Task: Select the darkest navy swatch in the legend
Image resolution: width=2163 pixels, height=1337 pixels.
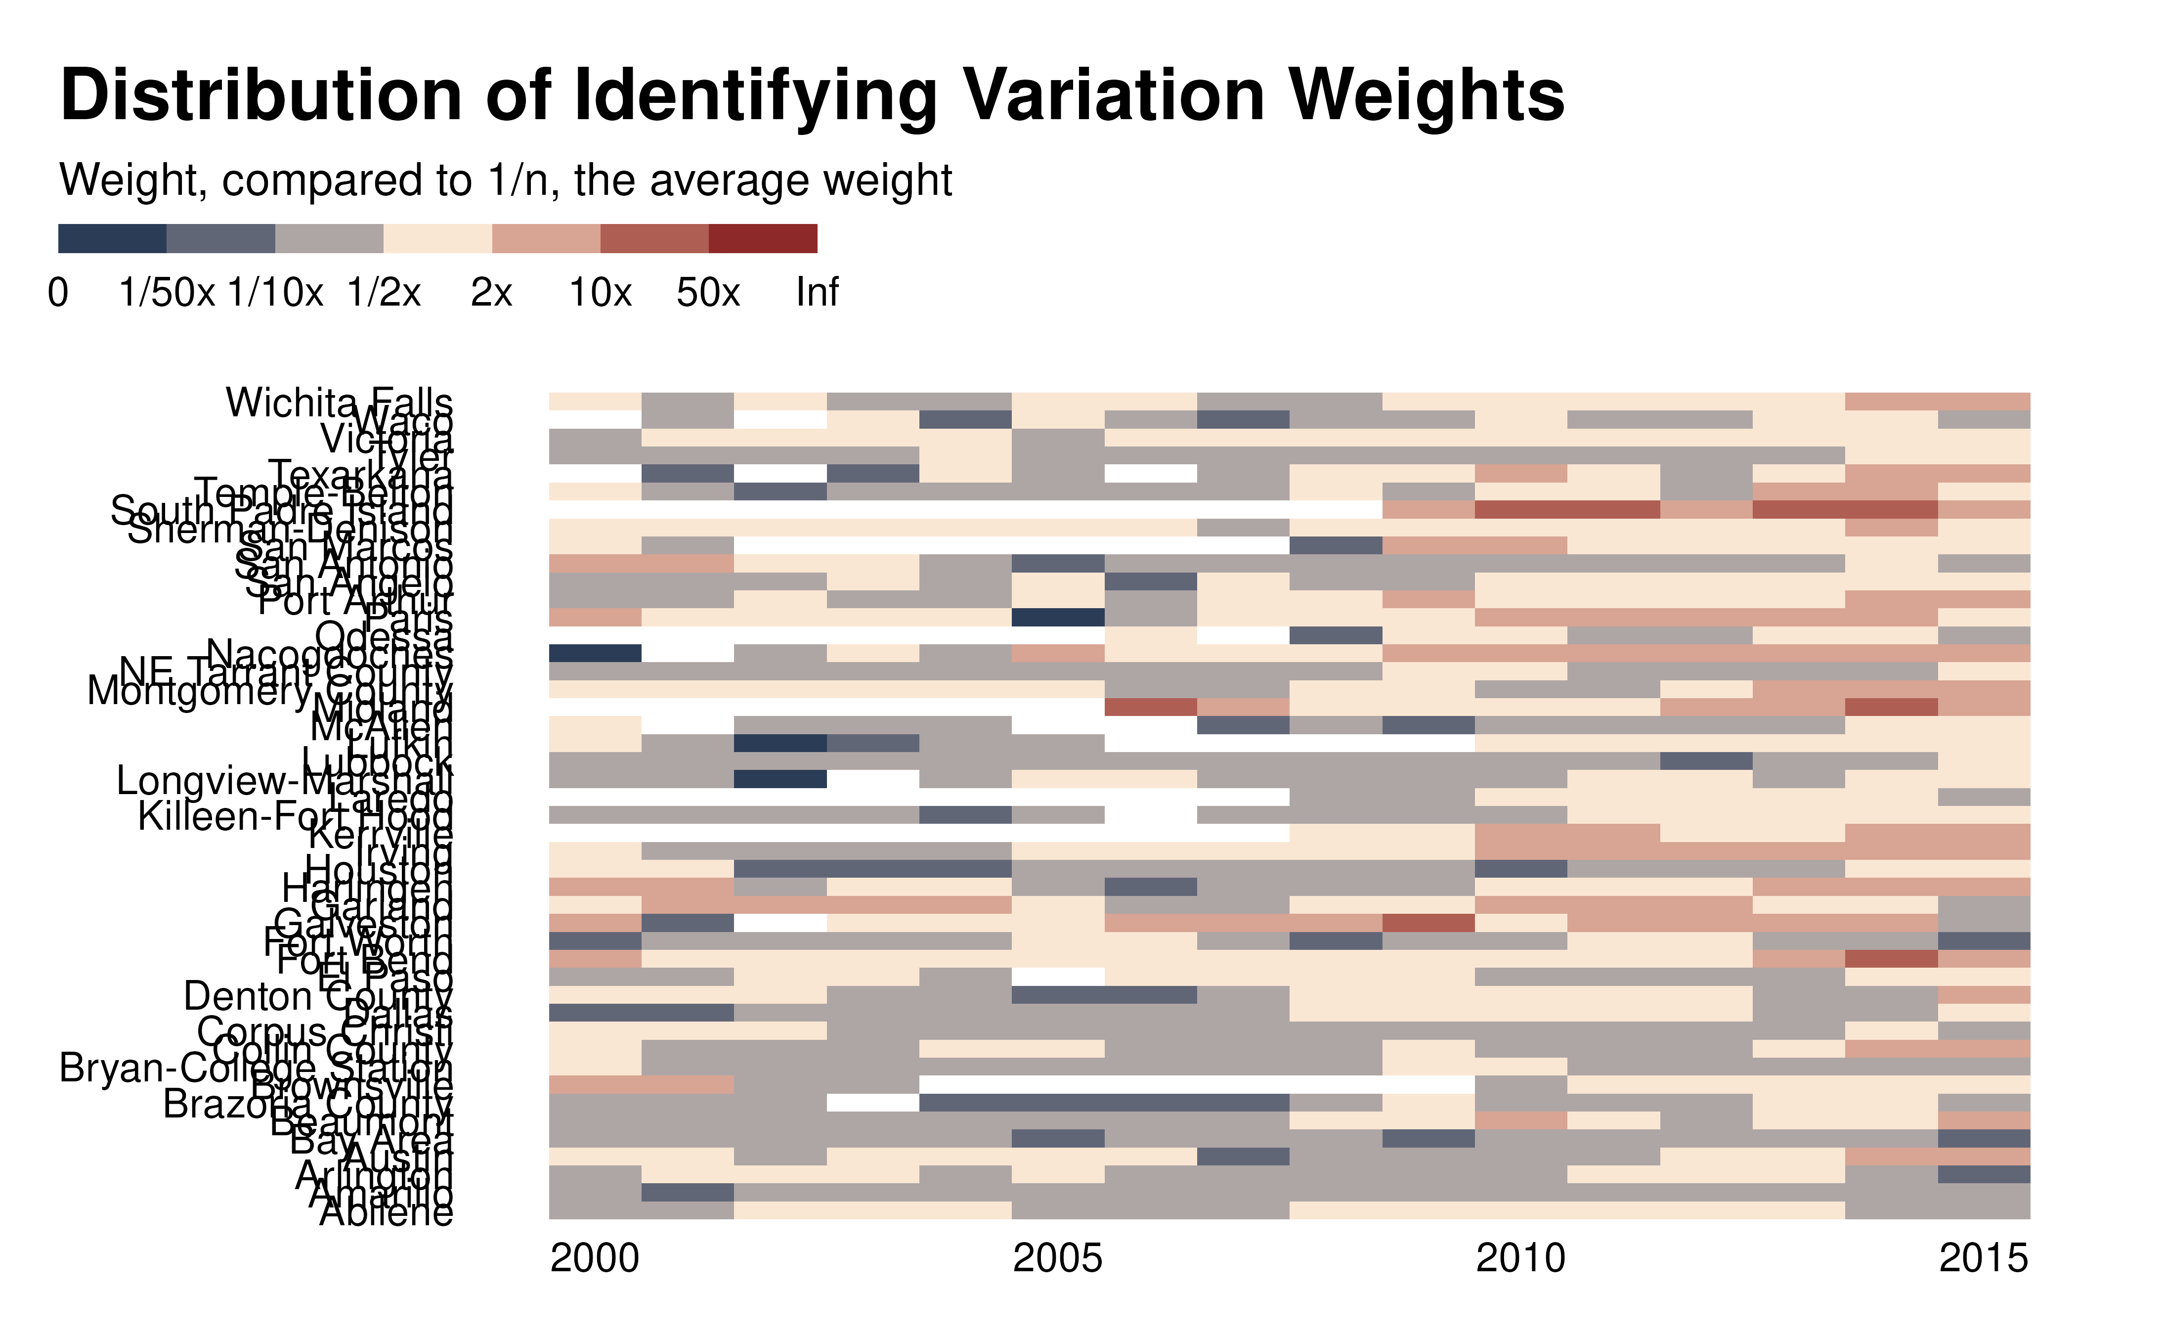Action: point(112,239)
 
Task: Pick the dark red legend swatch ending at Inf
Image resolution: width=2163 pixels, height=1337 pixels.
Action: point(763,239)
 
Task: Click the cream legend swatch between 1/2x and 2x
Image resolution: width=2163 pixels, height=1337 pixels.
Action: point(437,239)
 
